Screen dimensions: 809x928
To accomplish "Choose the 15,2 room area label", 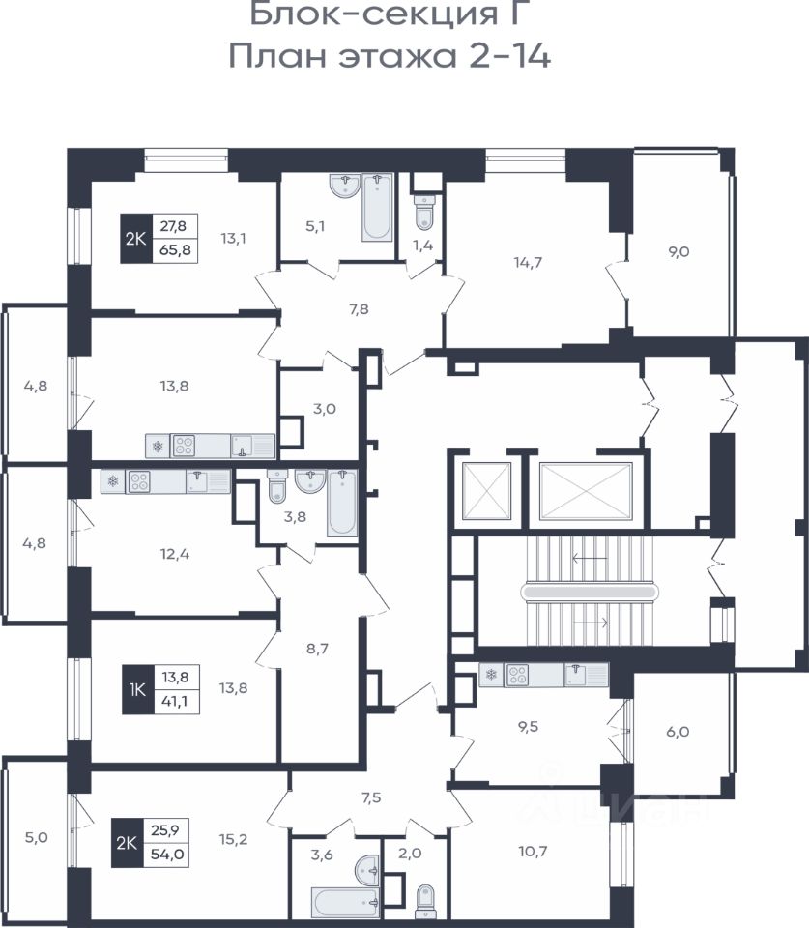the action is pos(234,839).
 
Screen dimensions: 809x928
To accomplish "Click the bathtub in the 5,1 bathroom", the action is pos(377,207).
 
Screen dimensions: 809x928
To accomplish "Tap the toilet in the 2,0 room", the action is pos(425,900).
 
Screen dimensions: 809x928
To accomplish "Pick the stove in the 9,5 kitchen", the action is pos(518,675).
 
